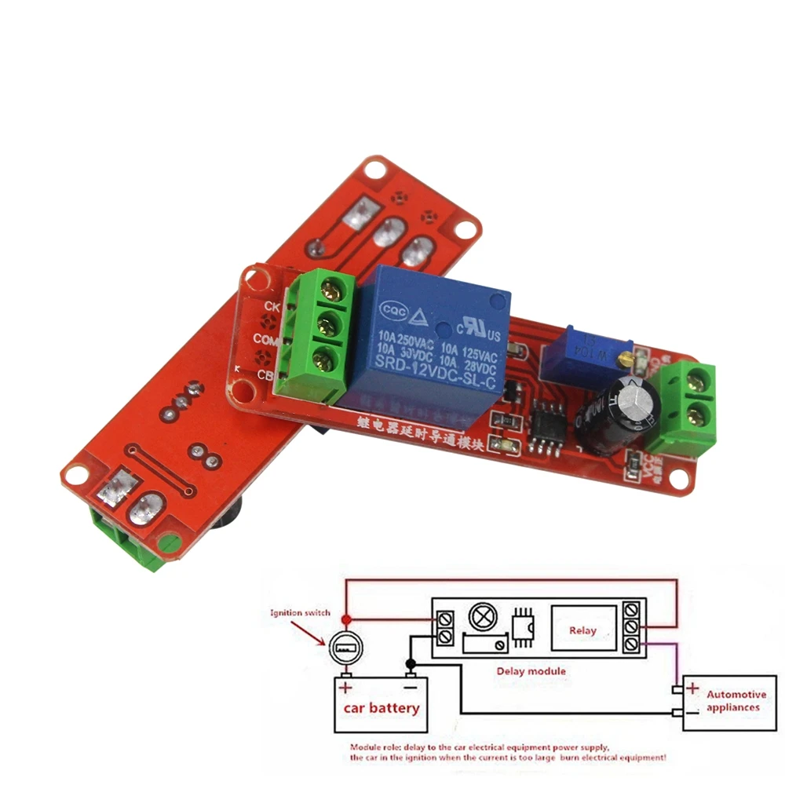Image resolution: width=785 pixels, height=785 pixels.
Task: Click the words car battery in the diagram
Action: pos(381,708)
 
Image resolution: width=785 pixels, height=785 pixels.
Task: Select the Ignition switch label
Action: pos(300,613)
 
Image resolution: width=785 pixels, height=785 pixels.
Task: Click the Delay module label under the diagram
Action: pos(531,671)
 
